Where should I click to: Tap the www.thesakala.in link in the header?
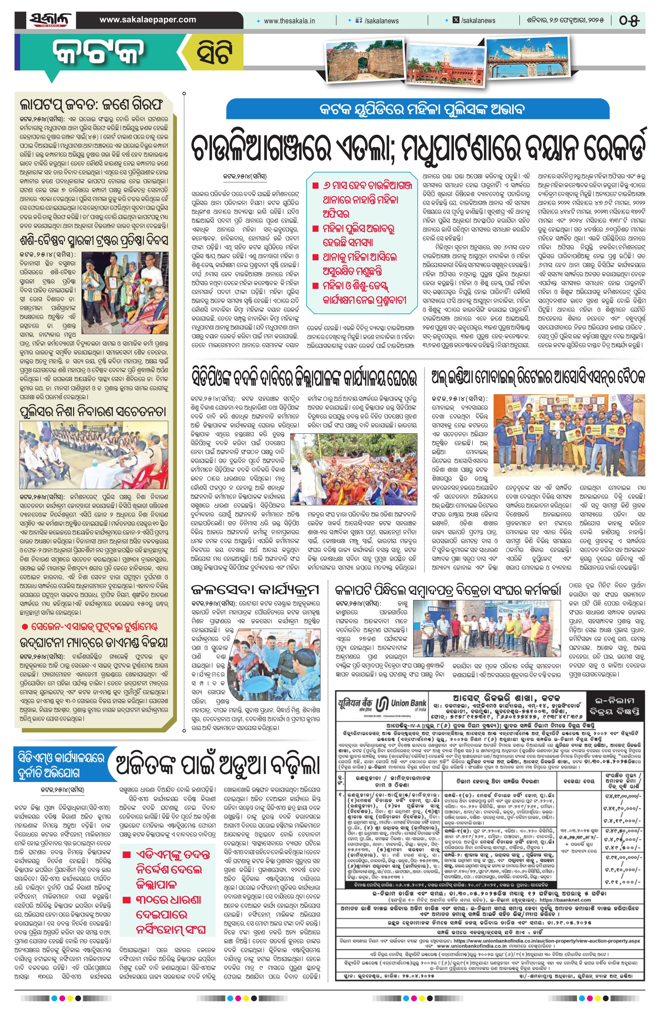click(x=289, y=20)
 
